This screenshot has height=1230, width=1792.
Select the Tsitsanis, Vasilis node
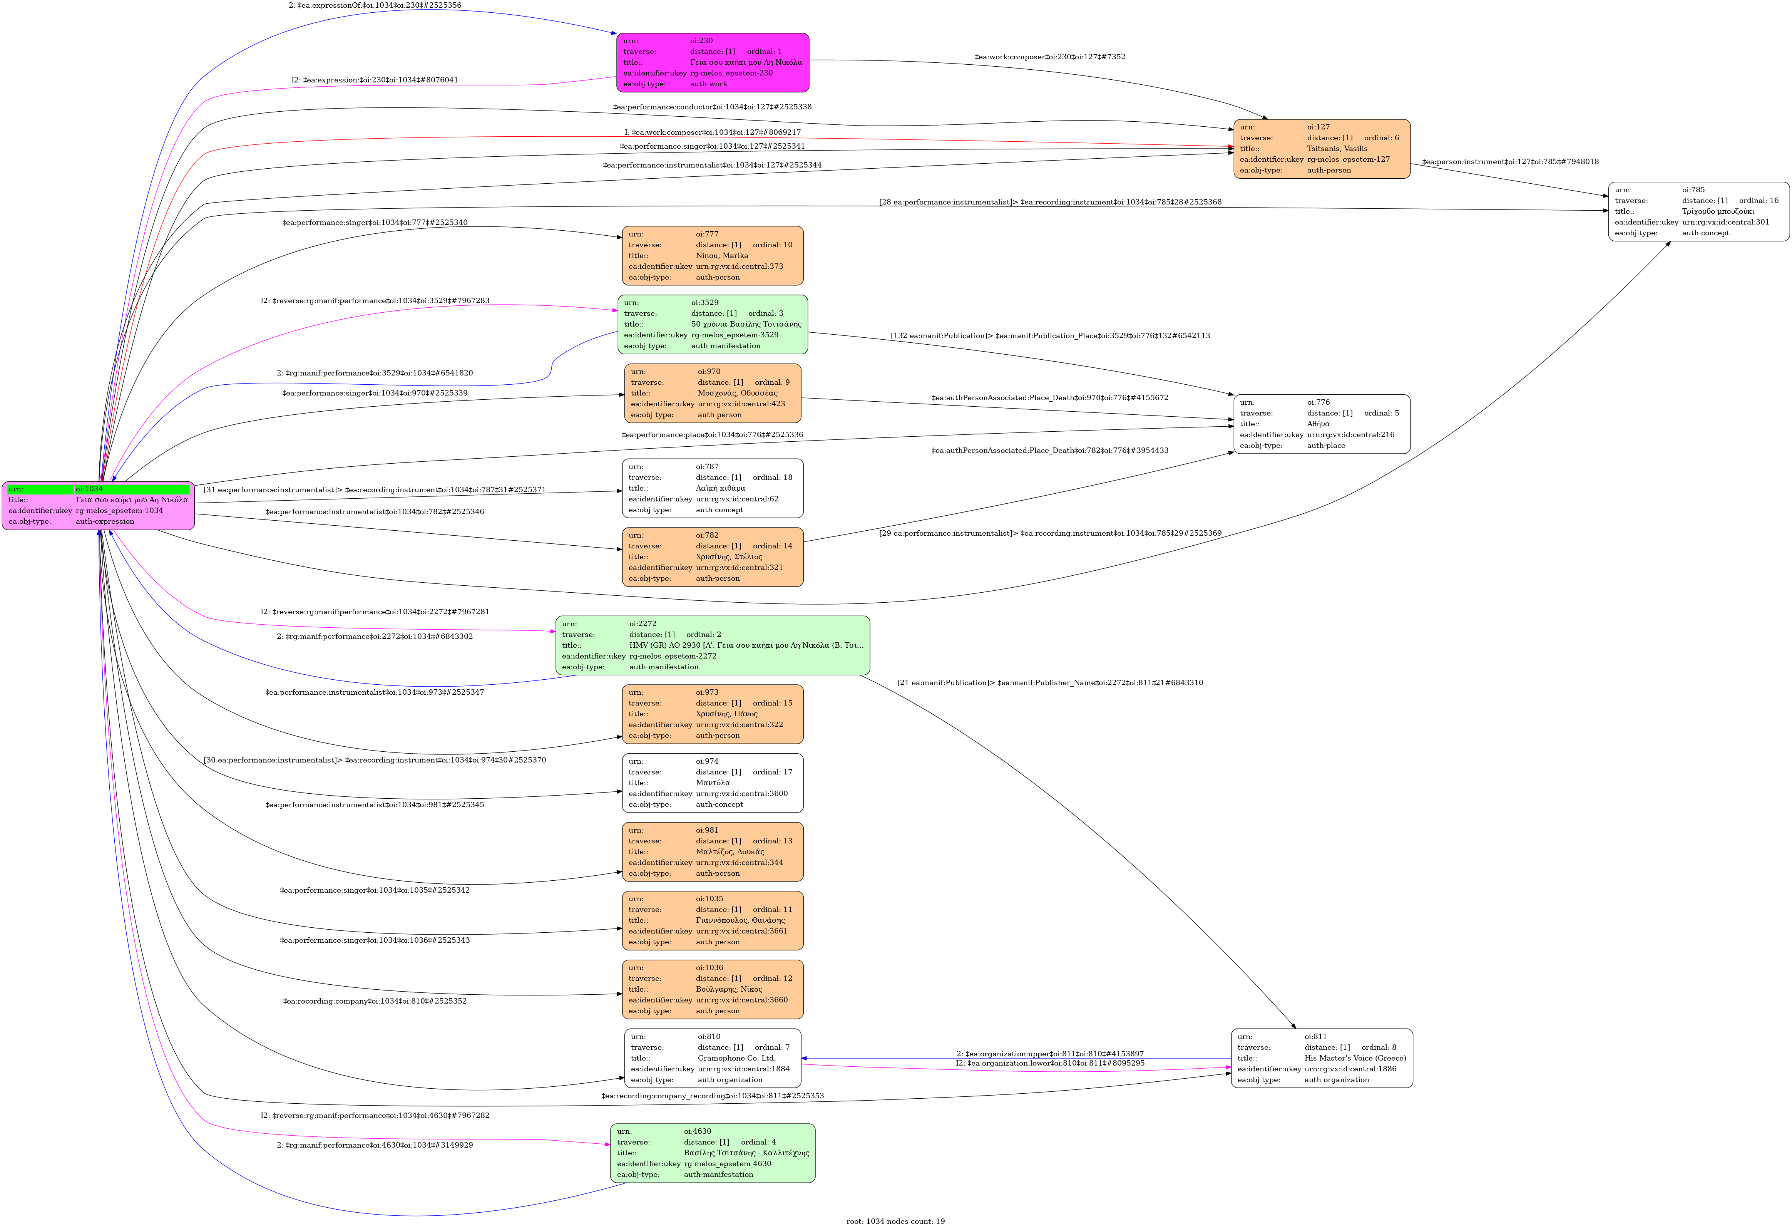point(1322,149)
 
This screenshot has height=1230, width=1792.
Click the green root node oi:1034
point(98,506)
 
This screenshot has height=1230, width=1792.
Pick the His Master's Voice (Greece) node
point(1322,1058)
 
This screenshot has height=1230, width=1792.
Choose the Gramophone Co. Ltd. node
point(713,1058)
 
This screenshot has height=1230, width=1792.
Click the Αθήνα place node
point(1322,424)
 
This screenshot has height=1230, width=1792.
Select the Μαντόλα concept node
point(713,783)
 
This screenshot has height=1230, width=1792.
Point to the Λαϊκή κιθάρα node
point(713,488)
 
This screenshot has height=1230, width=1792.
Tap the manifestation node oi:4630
point(713,1153)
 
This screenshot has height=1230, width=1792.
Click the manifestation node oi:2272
point(713,645)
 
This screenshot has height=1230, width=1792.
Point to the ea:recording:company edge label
point(375,1001)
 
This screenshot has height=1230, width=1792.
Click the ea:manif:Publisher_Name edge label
point(1049,682)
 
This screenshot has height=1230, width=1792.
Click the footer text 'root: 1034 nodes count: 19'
point(895,1221)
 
